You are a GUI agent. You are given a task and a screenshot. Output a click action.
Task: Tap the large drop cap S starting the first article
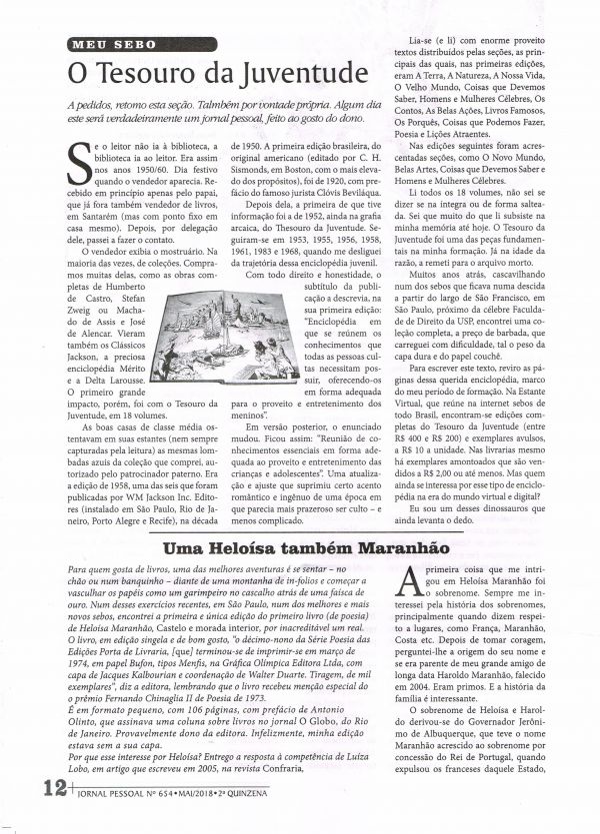76,157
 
